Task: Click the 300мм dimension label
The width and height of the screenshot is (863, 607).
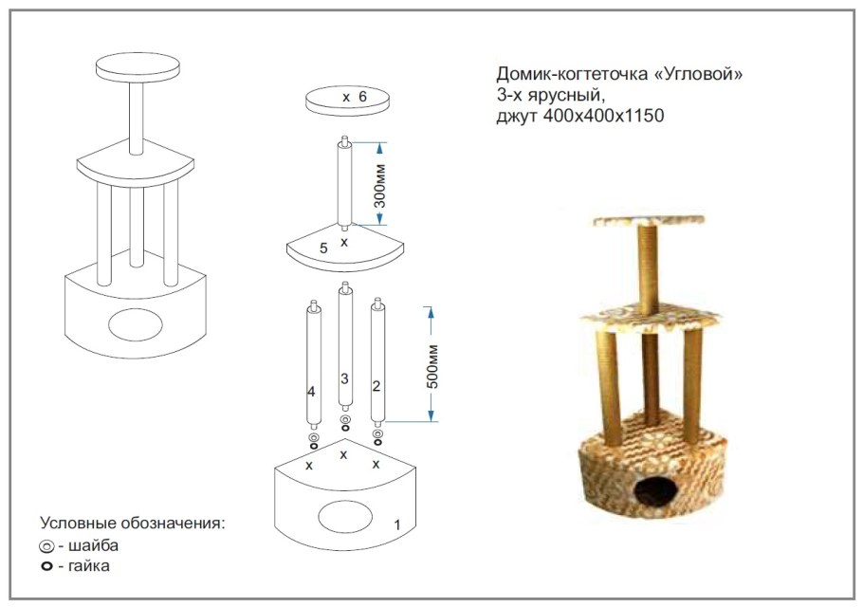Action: pos(379,186)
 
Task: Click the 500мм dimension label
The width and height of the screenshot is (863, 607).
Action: pos(432,366)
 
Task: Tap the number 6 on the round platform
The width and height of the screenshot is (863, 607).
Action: pos(362,97)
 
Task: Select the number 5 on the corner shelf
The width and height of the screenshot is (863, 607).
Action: pos(323,248)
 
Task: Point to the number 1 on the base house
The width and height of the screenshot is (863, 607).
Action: pos(397,525)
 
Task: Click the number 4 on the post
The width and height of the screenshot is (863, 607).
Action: pos(311,392)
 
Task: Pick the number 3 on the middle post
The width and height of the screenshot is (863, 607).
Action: pos(344,378)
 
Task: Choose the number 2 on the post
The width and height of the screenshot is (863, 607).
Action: pos(376,386)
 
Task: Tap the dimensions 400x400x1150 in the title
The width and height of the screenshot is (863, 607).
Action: pos(604,116)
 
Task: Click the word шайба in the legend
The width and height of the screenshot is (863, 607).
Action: pos(93,545)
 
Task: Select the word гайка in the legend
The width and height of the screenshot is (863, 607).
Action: pos(88,565)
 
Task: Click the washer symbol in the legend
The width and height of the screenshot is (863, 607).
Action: pos(46,547)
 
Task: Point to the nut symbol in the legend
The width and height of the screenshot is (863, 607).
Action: pos(46,565)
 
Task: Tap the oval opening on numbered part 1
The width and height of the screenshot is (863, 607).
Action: pos(345,516)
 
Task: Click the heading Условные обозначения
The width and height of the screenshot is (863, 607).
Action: pos(133,523)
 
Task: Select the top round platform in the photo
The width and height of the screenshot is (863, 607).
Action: pos(649,221)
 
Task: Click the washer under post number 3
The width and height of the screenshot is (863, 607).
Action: pos(345,419)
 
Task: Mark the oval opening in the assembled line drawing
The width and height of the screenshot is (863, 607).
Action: pos(136,324)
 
